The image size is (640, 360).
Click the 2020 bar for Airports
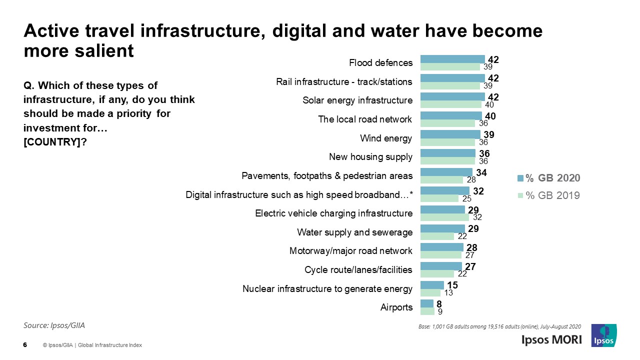[x=426, y=303]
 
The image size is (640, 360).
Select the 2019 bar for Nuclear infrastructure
[x=430, y=292]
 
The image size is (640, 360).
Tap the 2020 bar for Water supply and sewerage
[x=442, y=228]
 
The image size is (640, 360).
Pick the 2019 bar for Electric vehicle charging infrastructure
[x=444, y=217]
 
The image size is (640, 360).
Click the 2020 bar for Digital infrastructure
[x=444, y=191]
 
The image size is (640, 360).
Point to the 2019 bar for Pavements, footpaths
[x=441, y=180]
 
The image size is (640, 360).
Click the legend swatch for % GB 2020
[x=520, y=178]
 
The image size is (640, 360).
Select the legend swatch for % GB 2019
[x=520, y=195]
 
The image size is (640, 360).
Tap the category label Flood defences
[x=380, y=63]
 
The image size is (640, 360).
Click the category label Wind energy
[x=386, y=138]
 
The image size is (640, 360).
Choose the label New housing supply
[x=370, y=157]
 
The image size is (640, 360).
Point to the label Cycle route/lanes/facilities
[x=358, y=270]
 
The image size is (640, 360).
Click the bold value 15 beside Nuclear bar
[x=452, y=285]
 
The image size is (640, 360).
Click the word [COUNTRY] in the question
[x=50, y=141]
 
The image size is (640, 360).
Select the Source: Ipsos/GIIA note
[x=54, y=325]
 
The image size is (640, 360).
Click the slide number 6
[x=25, y=345]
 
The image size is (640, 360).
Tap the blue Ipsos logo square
[x=603, y=335]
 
